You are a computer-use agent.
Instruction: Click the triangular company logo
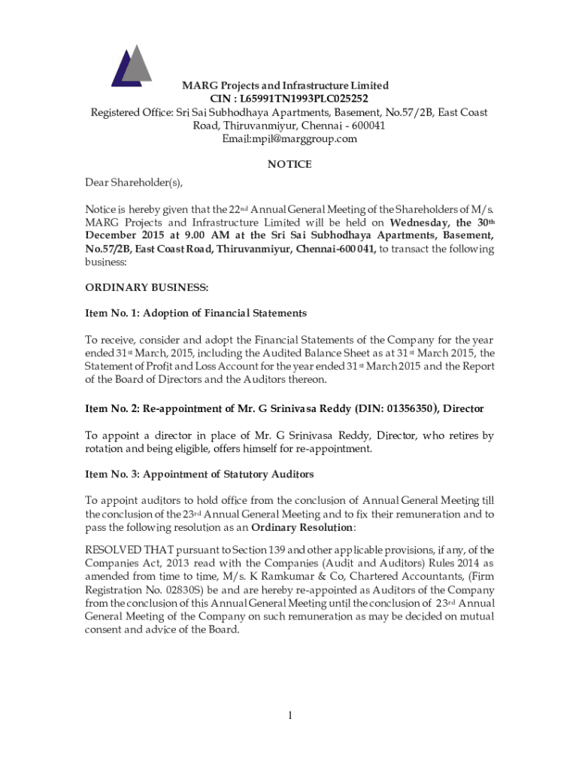coord(132,65)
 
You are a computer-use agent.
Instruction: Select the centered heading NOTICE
coord(289,164)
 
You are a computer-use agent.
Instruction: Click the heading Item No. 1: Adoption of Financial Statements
coord(196,313)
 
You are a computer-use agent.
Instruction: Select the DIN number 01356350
coord(407,409)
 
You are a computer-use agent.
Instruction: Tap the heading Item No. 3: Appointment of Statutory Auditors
coord(199,474)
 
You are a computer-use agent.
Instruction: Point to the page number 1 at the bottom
coord(289,715)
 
